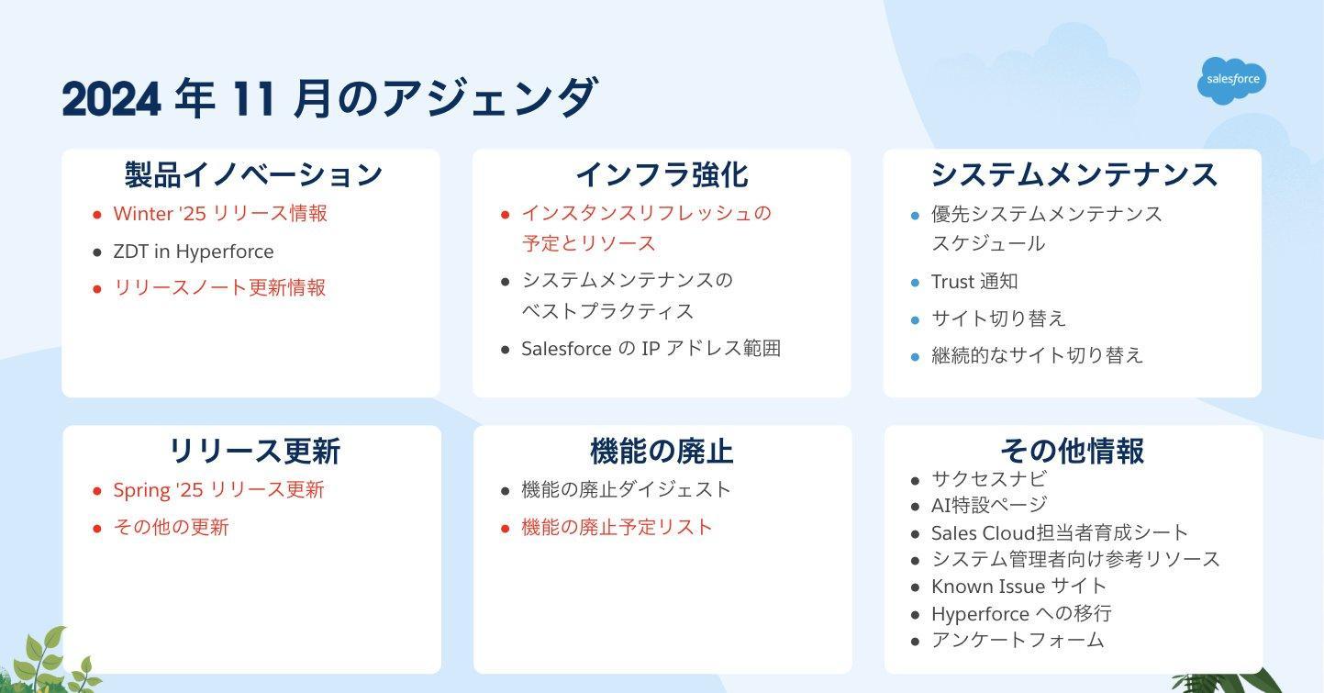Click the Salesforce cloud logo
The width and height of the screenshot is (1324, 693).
(x=1232, y=80)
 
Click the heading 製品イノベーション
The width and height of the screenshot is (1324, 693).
(x=253, y=174)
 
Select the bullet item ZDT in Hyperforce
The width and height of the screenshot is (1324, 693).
(x=194, y=251)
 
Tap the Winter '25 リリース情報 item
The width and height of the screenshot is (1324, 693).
(x=220, y=214)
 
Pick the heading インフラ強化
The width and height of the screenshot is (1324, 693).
(x=662, y=174)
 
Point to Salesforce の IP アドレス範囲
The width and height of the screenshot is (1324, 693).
(x=651, y=348)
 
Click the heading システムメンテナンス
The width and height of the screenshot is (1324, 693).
(x=1074, y=174)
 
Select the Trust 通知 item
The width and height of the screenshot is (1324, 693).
(x=974, y=282)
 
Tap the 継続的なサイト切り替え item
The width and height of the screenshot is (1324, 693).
(x=1038, y=355)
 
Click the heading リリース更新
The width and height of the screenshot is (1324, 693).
(x=255, y=452)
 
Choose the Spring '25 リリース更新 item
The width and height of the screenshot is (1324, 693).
(x=218, y=489)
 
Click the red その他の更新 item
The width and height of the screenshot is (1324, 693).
(x=171, y=527)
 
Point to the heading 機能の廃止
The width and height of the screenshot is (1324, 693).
(x=662, y=452)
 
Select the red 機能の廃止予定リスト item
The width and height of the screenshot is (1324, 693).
(x=617, y=527)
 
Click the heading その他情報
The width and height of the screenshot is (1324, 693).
(x=1073, y=452)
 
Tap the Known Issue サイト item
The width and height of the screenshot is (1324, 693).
(x=1018, y=586)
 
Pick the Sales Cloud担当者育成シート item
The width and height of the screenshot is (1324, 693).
(x=1059, y=532)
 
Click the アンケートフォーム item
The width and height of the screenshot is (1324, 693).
(x=1018, y=640)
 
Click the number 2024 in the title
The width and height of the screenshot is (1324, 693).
(x=111, y=99)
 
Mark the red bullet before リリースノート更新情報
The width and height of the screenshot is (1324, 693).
(x=97, y=288)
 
